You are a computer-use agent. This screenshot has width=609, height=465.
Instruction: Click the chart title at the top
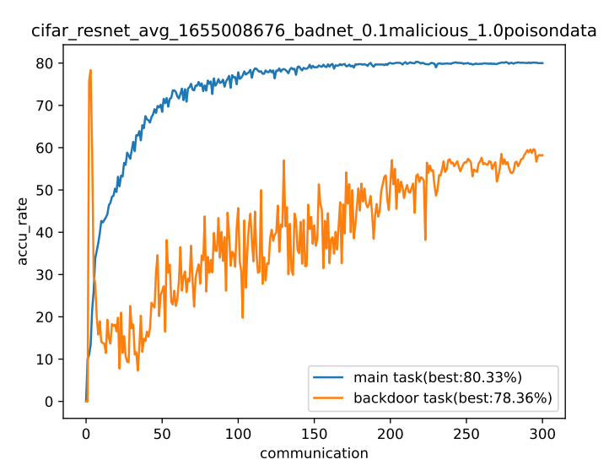coord(314,32)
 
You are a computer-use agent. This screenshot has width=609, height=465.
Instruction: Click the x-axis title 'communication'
coord(314,453)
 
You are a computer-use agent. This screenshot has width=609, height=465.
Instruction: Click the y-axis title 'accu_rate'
coord(23,231)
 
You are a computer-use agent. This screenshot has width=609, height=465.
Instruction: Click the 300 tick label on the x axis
coord(543,434)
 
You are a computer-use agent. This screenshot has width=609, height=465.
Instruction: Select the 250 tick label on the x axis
coord(466,434)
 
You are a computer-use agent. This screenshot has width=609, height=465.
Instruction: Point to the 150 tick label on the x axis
coord(315,434)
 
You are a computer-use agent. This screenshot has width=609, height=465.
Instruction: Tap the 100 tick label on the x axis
coord(238,434)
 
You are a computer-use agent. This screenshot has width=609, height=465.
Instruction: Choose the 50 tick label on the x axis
coord(162,434)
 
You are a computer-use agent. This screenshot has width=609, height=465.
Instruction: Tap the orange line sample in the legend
coord(329,397)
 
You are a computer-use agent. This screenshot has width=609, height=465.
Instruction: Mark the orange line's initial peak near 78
coord(90,70)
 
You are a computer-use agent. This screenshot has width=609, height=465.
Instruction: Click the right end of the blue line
coord(542,63)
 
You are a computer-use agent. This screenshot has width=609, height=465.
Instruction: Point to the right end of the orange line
coord(542,155)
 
